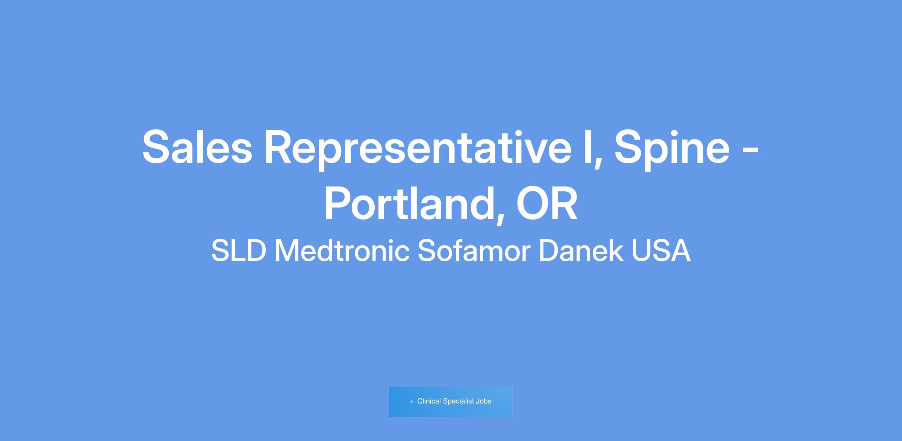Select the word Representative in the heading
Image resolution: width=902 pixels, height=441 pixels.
point(418,150)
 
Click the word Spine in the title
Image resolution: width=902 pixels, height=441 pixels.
point(672,150)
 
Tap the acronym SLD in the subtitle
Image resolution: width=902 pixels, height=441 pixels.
point(239,251)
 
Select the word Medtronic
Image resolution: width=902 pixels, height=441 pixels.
point(342,250)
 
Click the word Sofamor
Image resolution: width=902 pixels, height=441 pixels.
point(474,250)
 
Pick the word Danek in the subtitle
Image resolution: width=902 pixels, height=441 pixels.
point(581,250)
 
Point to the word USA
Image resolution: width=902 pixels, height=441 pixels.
point(661,251)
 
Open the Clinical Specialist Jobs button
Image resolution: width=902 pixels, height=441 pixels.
point(451,402)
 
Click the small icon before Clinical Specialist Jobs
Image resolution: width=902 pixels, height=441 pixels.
point(412,402)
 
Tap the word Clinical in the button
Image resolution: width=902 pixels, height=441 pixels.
point(429,401)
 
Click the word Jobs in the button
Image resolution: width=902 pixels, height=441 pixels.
point(484,401)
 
